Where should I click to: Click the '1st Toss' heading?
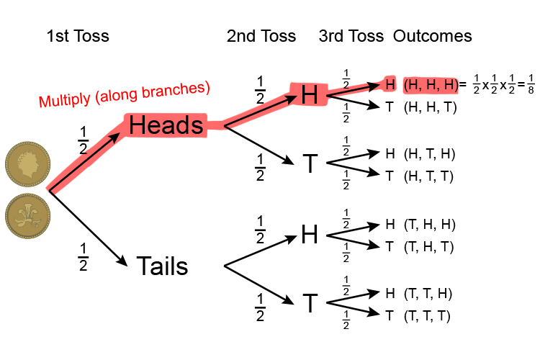click(x=78, y=36)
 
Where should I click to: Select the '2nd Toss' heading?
click(x=261, y=36)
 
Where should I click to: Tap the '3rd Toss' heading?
click(x=351, y=36)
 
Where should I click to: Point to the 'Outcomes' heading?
click(x=432, y=36)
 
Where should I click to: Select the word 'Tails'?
click(x=162, y=267)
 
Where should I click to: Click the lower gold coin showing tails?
click(x=27, y=216)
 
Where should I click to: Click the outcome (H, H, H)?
click(x=431, y=85)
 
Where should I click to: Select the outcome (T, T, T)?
click(x=429, y=315)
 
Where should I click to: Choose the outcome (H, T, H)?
click(x=430, y=153)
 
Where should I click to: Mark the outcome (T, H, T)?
click(x=429, y=247)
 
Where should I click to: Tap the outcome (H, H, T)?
click(x=431, y=107)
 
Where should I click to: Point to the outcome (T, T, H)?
click(x=429, y=294)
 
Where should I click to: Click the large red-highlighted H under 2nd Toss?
click(x=310, y=95)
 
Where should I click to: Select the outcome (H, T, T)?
click(x=430, y=175)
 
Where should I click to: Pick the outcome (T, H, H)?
click(x=429, y=224)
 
